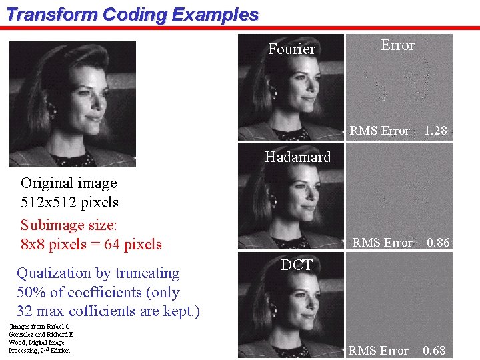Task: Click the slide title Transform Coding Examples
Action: coord(131,15)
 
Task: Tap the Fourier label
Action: coord(291,49)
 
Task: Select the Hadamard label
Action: coord(297,157)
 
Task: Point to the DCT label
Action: coord(297,265)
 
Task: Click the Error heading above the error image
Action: coord(397,45)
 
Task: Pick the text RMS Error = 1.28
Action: coord(398,131)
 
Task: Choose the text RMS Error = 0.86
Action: coord(401,243)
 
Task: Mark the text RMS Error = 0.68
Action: coord(397,351)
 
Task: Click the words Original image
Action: coord(69,183)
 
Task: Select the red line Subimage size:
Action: coord(62,225)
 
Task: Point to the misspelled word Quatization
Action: coord(47,273)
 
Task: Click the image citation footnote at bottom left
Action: coord(41,338)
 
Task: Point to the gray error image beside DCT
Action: coord(400,300)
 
